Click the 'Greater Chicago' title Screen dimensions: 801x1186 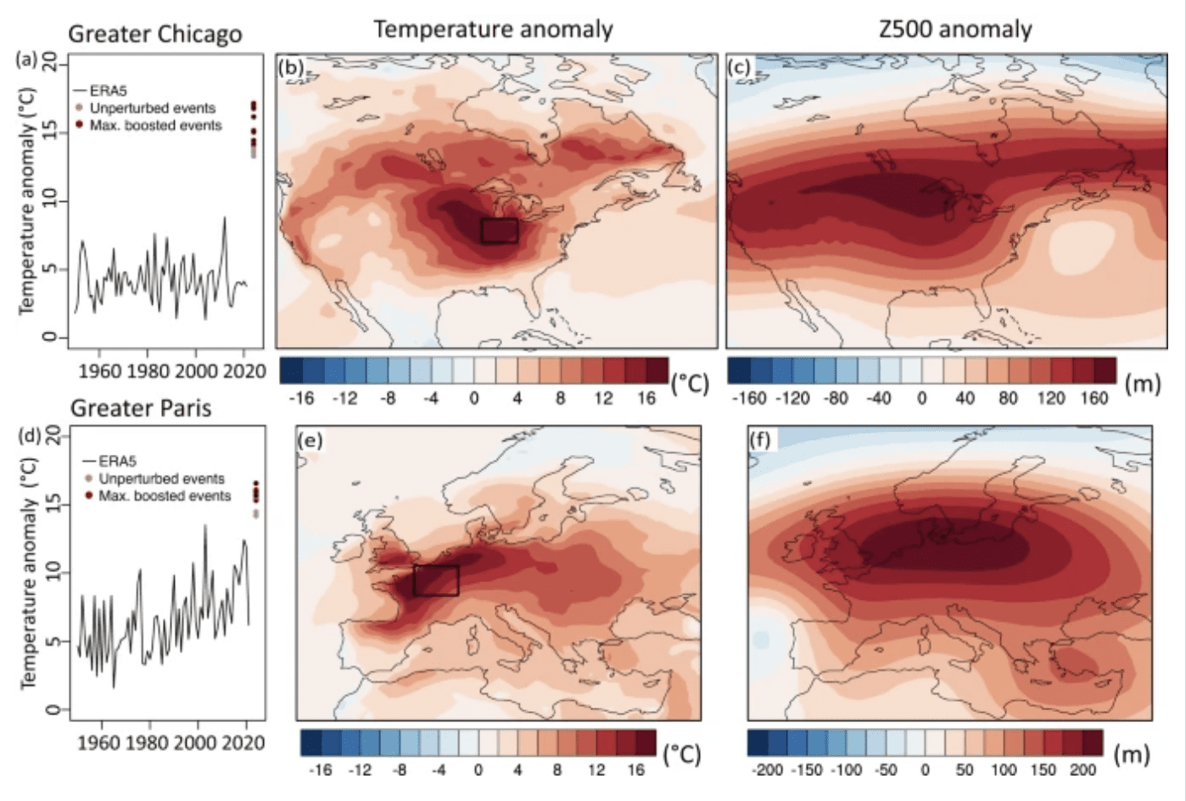pos(154,34)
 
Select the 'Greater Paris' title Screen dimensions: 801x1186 pos(140,408)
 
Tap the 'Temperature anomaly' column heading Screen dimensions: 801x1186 pos(493,30)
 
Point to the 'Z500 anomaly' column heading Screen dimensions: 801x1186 pos(954,30)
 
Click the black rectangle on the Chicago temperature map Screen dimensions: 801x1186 pos(500,231)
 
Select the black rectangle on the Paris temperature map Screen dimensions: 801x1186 pos(436,580)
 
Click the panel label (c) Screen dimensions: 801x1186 pos(739,67)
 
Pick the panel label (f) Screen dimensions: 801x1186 pos(760,440)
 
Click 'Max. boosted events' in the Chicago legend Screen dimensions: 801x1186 pos(155,126)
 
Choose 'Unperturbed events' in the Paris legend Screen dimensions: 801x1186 pos(161,479)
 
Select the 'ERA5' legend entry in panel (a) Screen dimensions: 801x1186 pos(108,91)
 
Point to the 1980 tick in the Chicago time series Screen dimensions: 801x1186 pos(148,371)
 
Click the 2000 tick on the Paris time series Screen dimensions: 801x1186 pos(197,742)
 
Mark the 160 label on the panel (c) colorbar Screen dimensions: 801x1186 pos(1094,398)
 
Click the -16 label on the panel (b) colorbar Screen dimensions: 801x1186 pos(300,398)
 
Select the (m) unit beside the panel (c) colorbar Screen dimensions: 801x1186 pos(1142,384)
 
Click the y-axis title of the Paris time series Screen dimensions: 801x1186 pos(28,573)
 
